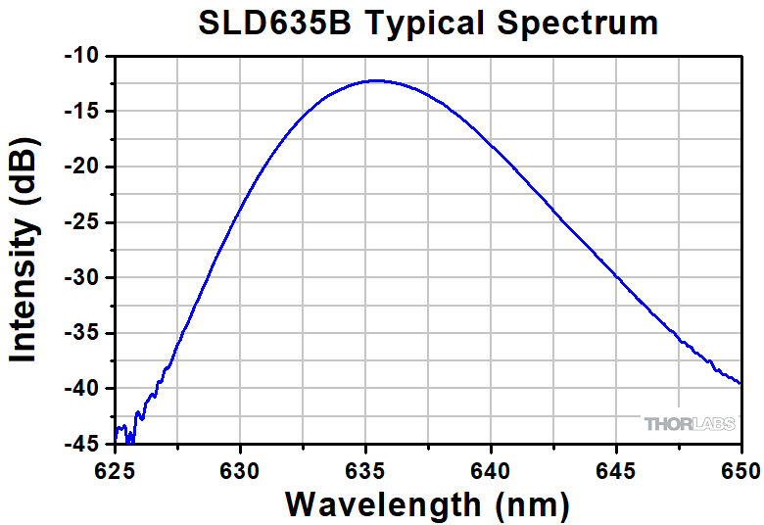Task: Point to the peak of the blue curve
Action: [x=374, y=81]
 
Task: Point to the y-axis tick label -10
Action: [x=82, y=56]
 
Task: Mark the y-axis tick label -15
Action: [x=82, y=112]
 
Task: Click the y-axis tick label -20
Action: [x=82, y=167]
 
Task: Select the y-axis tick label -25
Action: [x=82, y=222]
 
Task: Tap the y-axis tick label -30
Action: [x=82, y=278]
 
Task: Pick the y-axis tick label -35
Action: [x=82, y=333]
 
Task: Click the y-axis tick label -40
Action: [x=82, y=389]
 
